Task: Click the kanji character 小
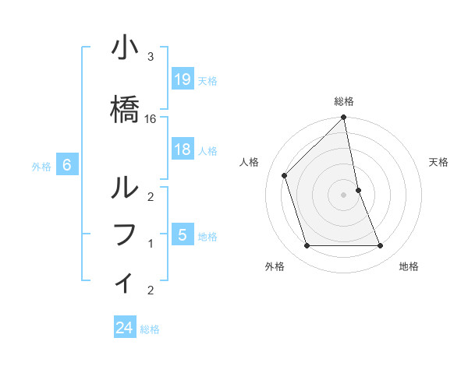point(124,48)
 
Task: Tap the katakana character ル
point(124,188)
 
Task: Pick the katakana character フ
point(124,234)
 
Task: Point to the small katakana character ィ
point(124,282)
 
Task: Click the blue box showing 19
point(182,79)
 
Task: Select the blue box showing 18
point(182,150)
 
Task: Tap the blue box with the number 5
point(182,235)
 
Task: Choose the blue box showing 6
point(67,165)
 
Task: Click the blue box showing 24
point(125,328)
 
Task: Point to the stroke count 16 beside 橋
point(151,119)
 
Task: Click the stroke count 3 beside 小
point(151,57)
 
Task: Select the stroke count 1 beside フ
point(151,244)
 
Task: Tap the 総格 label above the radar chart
point(344,101)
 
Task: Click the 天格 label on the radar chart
point(439,162)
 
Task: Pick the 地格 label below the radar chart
point(409,266)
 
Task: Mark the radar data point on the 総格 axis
point(344,118)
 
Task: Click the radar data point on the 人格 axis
point(285,175)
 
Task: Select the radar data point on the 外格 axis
point(307,246)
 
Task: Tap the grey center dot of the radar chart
point(344,194)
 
